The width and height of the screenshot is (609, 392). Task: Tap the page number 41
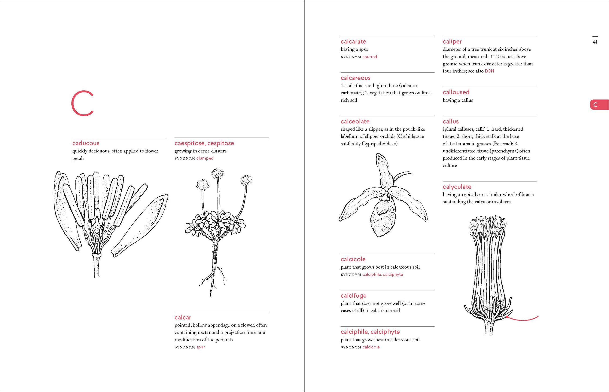595,42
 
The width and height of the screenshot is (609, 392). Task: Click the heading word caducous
86,143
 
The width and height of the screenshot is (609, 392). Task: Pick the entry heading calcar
182,317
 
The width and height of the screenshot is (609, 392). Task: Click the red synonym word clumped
205,158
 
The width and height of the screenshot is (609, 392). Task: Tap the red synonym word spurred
370,57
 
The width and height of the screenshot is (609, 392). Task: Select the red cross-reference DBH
489,71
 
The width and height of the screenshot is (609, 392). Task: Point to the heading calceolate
355,122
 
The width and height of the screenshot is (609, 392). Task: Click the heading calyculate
457,187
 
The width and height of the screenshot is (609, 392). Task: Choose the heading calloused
456,92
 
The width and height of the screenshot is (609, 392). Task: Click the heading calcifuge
353,296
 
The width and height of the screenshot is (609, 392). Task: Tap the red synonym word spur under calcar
201,347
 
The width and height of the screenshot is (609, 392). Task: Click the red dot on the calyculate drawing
507,317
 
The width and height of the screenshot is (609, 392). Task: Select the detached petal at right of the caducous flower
140,225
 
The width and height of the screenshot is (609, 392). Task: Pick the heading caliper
452,42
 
